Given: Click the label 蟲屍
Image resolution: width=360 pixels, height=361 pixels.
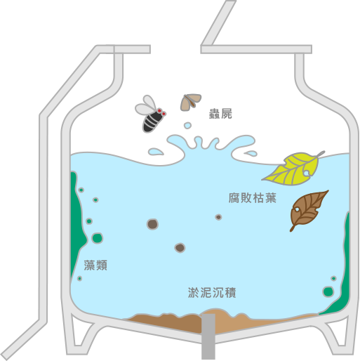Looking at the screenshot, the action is coord(220,114).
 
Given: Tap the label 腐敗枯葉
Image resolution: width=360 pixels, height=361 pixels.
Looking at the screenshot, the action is coord(253,198).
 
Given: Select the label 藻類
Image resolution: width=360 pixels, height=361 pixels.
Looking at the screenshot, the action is coord(95,265).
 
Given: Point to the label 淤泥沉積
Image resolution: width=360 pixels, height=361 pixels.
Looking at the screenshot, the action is coord(212,292).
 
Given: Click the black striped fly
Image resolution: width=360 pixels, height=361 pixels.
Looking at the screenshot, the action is coord(151,114).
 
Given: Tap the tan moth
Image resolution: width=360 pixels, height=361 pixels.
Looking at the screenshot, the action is coord(190,102).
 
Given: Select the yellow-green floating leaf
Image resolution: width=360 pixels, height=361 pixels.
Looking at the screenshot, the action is coord(293,169).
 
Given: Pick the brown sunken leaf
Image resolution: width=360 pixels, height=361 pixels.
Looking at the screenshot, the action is coord(307,209).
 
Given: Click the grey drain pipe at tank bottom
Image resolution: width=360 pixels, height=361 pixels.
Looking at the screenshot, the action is coord(208,336).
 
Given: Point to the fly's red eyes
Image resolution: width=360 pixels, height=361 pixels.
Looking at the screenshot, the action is coord(161,112).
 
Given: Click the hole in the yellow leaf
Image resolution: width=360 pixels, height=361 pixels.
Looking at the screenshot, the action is coord(306,173).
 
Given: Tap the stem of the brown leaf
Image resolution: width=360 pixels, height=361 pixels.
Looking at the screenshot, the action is coord(293,228).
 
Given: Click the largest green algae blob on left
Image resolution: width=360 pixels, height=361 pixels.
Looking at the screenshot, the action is coord(97,238).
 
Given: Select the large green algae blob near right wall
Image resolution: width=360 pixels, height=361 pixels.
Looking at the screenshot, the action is coord(328,291).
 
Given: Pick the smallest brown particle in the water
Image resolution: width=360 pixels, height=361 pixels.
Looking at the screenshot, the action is coord(218,217).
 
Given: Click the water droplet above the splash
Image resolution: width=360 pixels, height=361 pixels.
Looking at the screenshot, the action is coord(187,125).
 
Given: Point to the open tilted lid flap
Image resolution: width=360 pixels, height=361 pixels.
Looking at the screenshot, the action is coord(218,23).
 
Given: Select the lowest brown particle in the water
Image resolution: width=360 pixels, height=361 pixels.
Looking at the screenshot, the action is coord(180,248).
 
